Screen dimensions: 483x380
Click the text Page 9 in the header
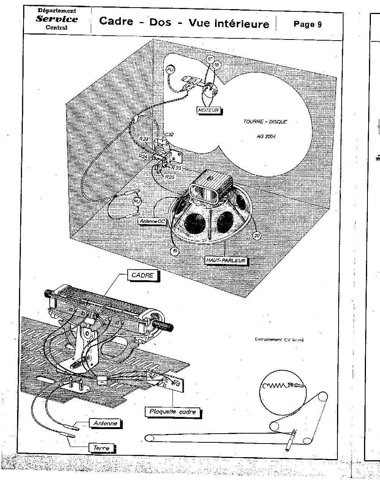[307, 24]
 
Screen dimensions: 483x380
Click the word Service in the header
[57, 19]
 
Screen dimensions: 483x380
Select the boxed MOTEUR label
[209, 110]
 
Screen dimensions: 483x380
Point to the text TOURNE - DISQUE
[265, 122]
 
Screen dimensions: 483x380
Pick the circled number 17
[210, 60]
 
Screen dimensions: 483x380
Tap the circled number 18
[217, 65]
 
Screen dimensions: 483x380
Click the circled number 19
[175, 251]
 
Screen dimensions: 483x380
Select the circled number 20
[257, 235]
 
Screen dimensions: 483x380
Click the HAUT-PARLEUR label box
[225, 261]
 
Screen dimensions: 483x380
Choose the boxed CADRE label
[143, 275]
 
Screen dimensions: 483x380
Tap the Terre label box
[101, 448]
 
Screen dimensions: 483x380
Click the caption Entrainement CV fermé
[279, 340]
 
